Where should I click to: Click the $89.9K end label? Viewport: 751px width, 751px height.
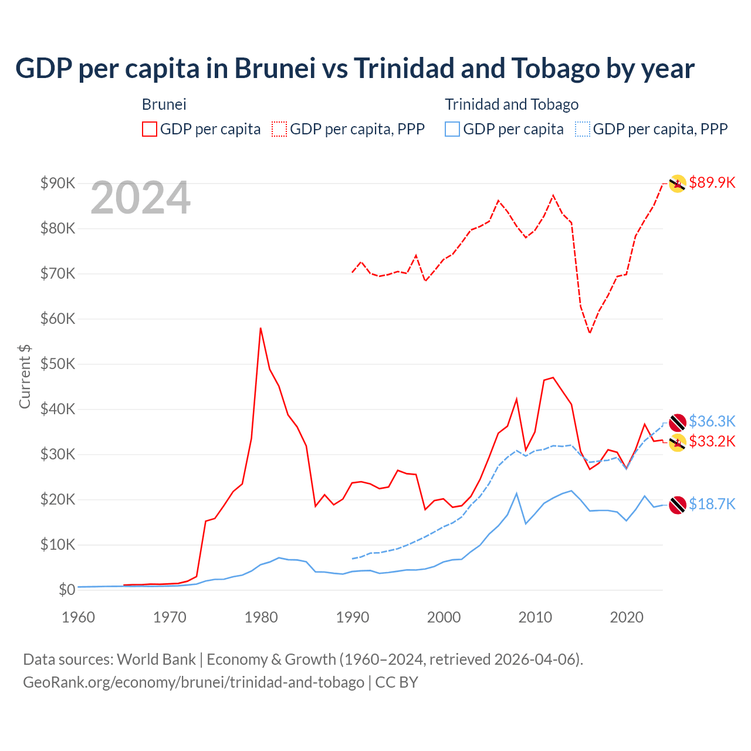coord(712,182)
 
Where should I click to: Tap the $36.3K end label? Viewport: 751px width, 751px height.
coord(712,421)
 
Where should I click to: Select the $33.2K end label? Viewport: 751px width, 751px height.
coord(712,441)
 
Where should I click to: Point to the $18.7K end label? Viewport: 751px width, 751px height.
coord(712,504)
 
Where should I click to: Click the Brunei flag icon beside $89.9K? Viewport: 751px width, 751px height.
coord(678,184)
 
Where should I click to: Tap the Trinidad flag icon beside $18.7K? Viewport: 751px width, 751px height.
coord(678,505)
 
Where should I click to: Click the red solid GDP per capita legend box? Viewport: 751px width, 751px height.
coord(150,129)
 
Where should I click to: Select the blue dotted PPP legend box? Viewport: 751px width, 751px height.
coord(583,129)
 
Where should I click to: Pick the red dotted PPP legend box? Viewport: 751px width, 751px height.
coord(279,129)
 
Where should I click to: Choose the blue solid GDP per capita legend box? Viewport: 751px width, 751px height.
coord(452,129)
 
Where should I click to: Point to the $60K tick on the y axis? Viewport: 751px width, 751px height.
coord(57,319)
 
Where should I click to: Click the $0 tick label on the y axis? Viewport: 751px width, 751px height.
coord(66,590)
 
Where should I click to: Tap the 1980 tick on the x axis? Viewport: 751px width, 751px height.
coord(261,617)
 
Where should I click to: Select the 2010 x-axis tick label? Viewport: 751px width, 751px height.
coord(535,617)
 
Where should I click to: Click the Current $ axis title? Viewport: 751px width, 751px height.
coord(25,376)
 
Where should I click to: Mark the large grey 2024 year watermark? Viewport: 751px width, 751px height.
coord(140,198)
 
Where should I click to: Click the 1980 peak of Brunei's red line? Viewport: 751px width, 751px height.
coord(261,328)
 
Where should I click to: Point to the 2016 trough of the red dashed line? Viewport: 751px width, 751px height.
coord(590,333)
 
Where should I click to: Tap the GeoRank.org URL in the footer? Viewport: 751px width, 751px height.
coord(194,682)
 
